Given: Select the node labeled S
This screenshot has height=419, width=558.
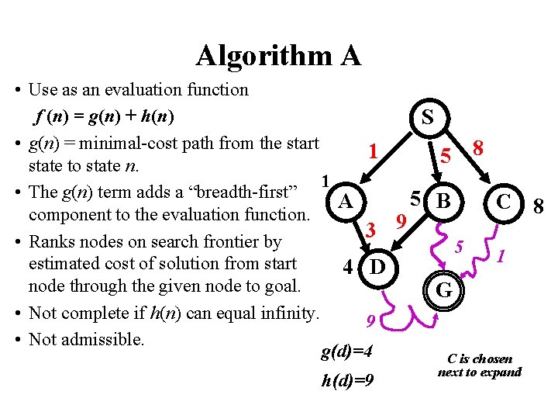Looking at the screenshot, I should [427, 117].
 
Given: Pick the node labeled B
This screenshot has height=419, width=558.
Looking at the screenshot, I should [443, 202].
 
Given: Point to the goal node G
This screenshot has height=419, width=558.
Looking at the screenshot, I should [444, 291].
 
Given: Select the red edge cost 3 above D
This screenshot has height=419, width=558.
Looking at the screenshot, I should [371, 230].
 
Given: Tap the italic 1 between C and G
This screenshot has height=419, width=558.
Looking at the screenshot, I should [502, 254].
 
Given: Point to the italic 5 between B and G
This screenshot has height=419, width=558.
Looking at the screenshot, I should [459, 247].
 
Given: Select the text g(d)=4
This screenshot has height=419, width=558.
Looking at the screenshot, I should [346, 352].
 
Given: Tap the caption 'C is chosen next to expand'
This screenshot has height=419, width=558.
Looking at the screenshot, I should [479, 365].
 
